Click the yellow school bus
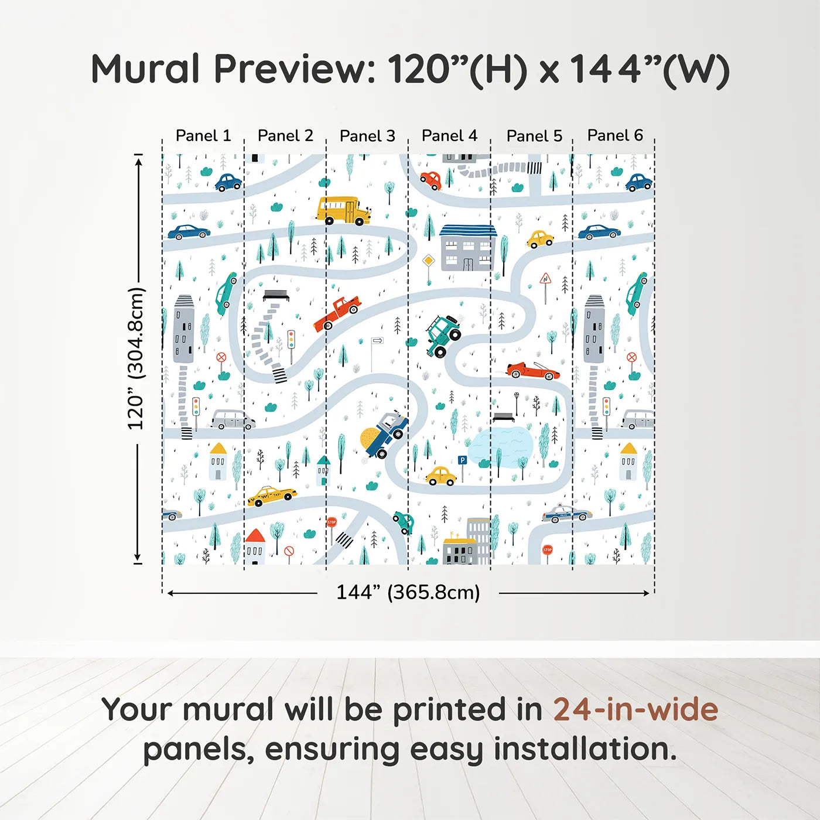pos(344,210)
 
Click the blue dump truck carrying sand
pos(385,435)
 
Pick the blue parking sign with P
pos(462,461)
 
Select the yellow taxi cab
pos(272,496)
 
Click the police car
pos(566,514)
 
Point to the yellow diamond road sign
pos(429,260)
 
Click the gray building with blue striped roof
pos(467,248)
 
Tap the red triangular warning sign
pos(545,279)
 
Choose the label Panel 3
pos(367,136)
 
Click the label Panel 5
pos(534,136)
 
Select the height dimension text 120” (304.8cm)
pos(136,358)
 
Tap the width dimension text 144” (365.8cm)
pos(408,592)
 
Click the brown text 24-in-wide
pos(635,709)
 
